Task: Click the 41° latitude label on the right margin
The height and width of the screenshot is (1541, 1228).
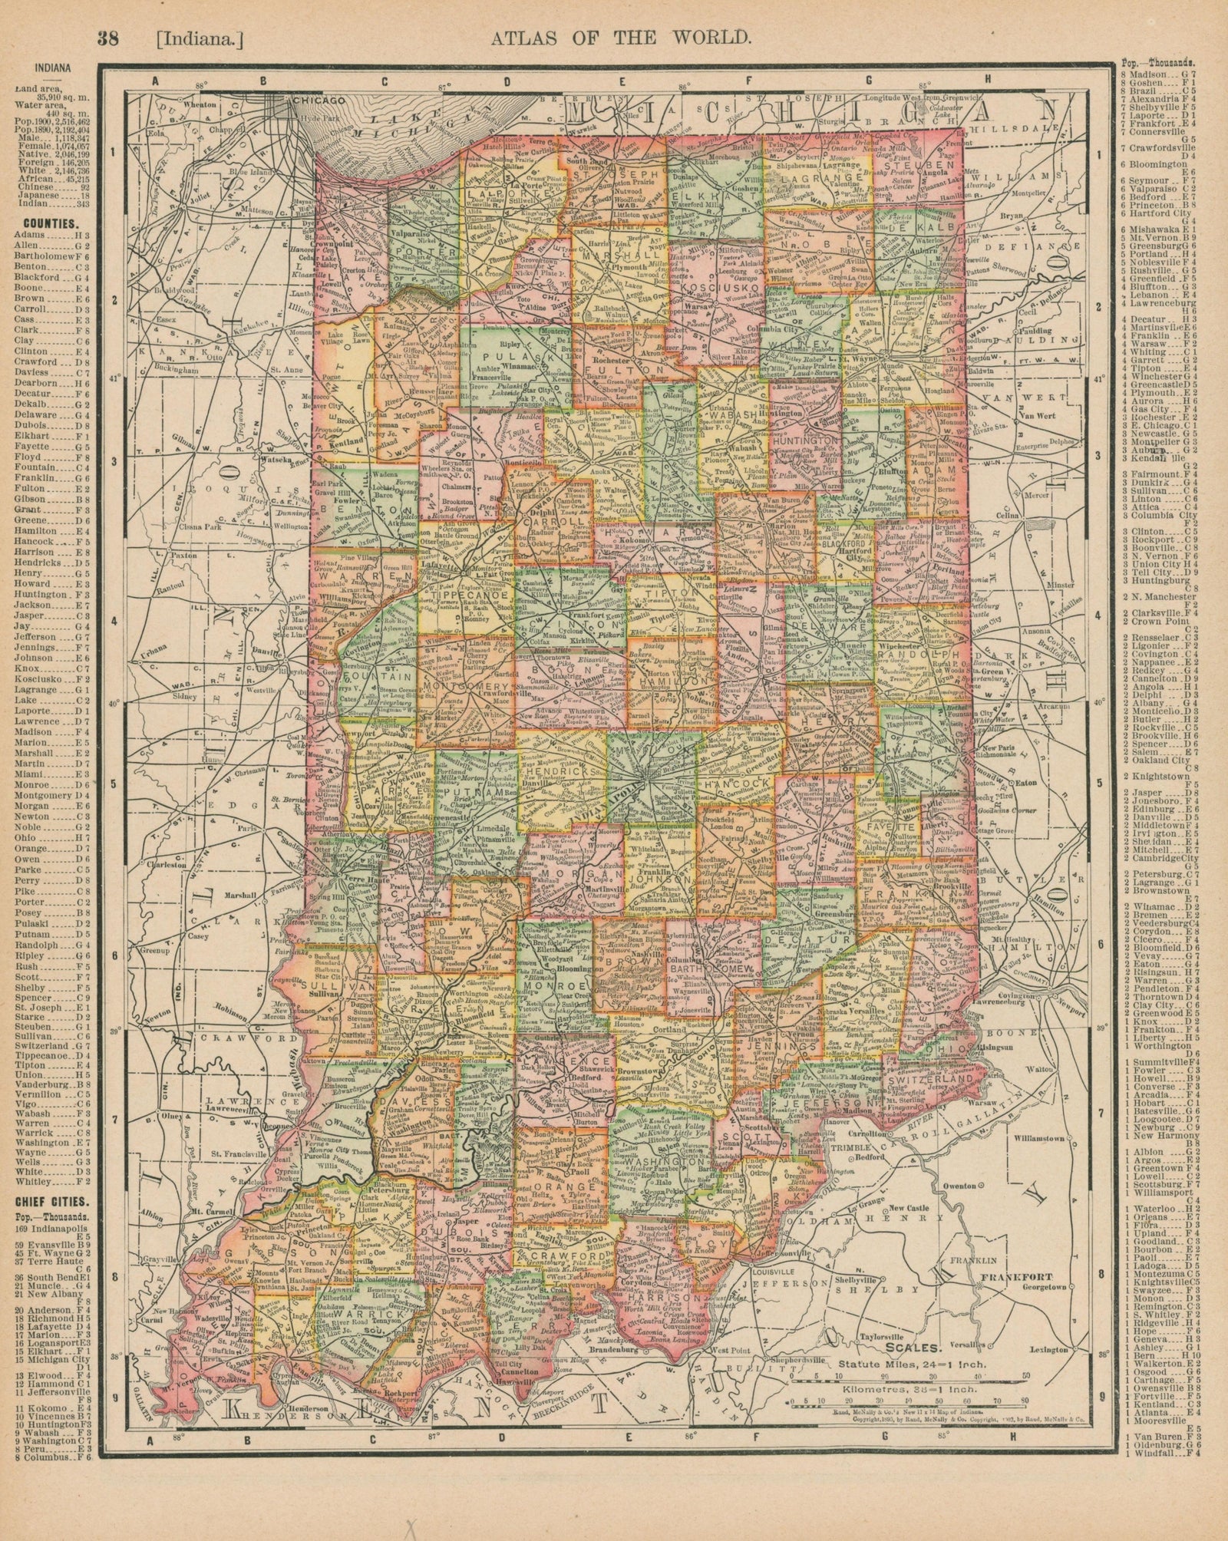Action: click(1099, 379)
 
